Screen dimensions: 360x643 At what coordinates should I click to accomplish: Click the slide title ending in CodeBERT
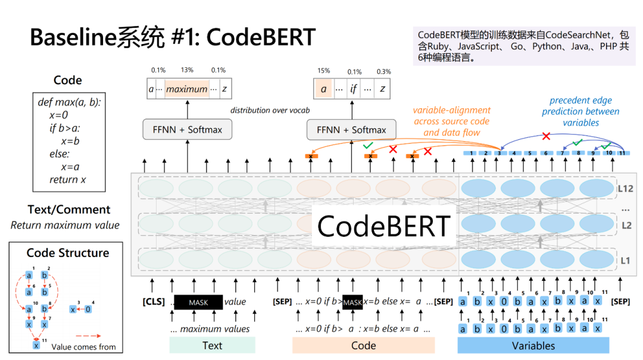(172, 37)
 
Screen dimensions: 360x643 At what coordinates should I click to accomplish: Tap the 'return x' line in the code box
(68, 179)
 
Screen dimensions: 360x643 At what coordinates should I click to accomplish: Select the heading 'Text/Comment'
(68, 209)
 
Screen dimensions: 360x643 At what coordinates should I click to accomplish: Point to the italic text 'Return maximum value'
(65, 226)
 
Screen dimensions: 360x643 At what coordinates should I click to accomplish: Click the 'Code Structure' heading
(68, 253)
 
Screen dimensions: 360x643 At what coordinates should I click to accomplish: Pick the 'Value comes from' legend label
(83, 347)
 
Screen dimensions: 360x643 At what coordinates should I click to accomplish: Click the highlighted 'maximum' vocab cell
(187, 89)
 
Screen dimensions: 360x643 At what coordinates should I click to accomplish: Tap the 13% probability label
(187, 70)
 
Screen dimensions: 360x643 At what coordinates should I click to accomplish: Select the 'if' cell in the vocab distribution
(354, 89)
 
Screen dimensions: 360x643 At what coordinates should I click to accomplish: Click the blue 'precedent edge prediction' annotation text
(580, 111)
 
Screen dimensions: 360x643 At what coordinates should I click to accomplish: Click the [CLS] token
(154, 302)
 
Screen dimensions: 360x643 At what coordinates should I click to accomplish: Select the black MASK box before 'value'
(198, 302)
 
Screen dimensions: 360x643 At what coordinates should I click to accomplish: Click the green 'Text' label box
(212, 345)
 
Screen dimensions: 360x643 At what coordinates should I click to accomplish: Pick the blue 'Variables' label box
(533, 345)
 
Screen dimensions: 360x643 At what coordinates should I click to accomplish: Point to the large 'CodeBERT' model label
(384, 226)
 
